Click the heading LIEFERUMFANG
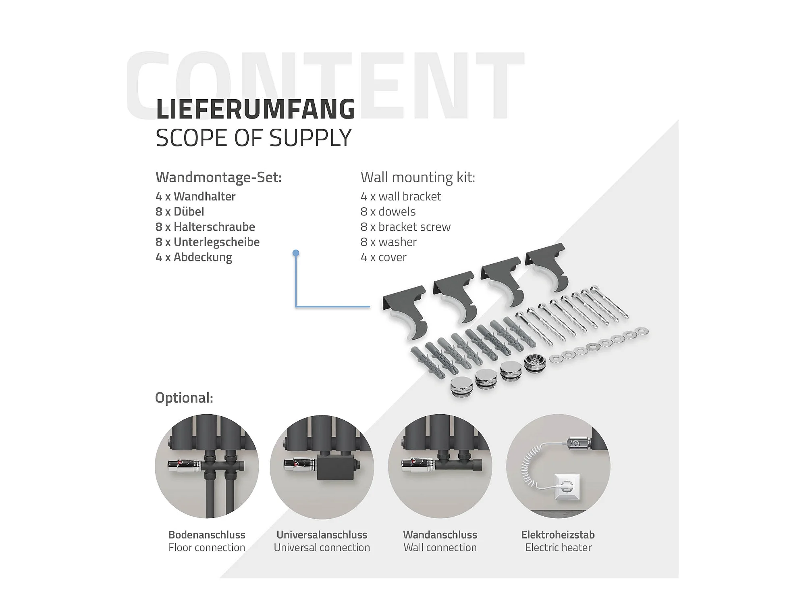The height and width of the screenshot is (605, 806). pos(256,109)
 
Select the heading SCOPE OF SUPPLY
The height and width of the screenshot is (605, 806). pos(253,138)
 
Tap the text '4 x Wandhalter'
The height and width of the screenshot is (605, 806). pos(195,196)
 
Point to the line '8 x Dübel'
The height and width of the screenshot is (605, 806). pos(180,211)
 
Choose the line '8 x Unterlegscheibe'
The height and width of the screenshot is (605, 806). pos(208,242)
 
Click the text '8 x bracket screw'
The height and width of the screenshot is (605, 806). pos(405,227)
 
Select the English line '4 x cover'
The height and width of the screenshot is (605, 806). pos(383,257)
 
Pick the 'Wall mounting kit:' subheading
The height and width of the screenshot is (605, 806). pos(418,177)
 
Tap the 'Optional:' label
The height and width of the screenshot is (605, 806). pos(184,398)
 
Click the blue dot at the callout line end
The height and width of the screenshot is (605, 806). pos(296,253)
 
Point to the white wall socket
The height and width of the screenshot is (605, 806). pos(567,486)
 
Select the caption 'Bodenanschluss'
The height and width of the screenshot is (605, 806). pos(207,535)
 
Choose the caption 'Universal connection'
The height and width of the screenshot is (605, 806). pos(322,548)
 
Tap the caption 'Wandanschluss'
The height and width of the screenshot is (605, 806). pos(440,535)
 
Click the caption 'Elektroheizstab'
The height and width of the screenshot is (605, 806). pos(558,535)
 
